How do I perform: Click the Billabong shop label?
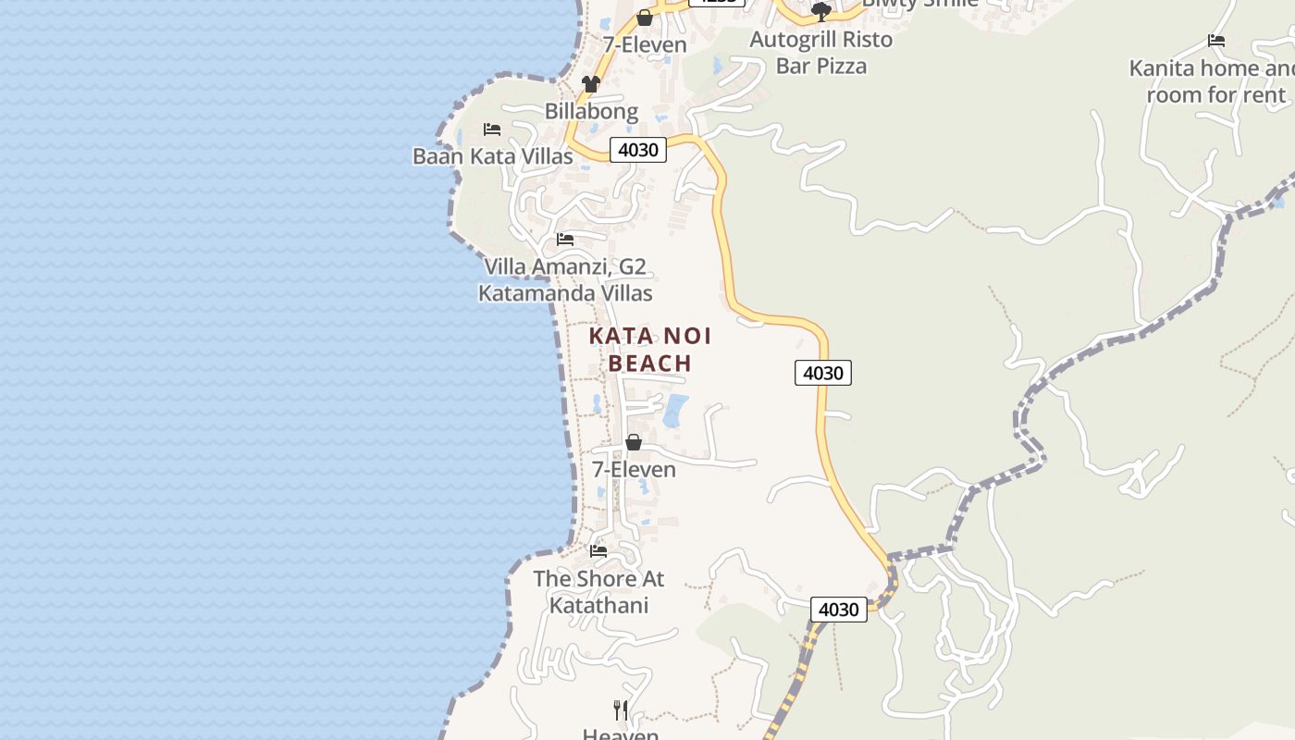tap(591, 112)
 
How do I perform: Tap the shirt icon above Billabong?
tap(591, 84)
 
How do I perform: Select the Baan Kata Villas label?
tap(492, 156)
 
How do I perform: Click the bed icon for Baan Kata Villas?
tap(492, 129)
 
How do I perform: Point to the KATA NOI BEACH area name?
tap(650, 349)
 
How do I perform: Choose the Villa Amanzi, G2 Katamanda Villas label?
tap(565, 280)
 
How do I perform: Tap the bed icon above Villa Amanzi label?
tap(565, 240)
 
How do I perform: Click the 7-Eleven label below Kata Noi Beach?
tap(634, 470)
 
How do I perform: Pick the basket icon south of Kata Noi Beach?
tap(634, 443)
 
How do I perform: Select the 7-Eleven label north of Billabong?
tap(645, 44)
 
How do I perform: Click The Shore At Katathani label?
tap(598, 592)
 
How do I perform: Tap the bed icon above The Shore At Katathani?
tap(598, 551)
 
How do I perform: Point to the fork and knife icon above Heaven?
tap(621, 710)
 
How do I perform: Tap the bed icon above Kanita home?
tap(1216, 41)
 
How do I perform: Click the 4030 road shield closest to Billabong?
tap(638, 150)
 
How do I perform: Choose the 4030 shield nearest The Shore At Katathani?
tap(839, 610)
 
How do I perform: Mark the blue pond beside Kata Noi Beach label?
tap(675, 410)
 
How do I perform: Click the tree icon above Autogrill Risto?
tap(820, 12)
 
